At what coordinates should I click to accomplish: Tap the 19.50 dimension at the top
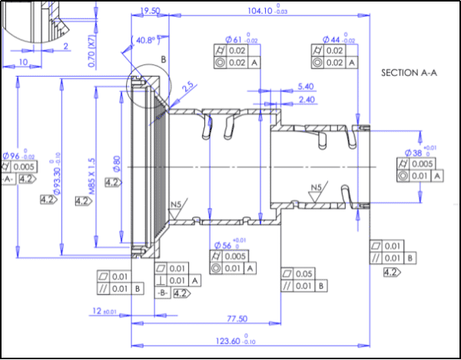[150, 11]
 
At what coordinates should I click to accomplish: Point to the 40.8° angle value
[145, 40]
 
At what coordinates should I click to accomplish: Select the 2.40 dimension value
[305, 100]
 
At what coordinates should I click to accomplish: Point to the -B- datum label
[162, 293]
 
